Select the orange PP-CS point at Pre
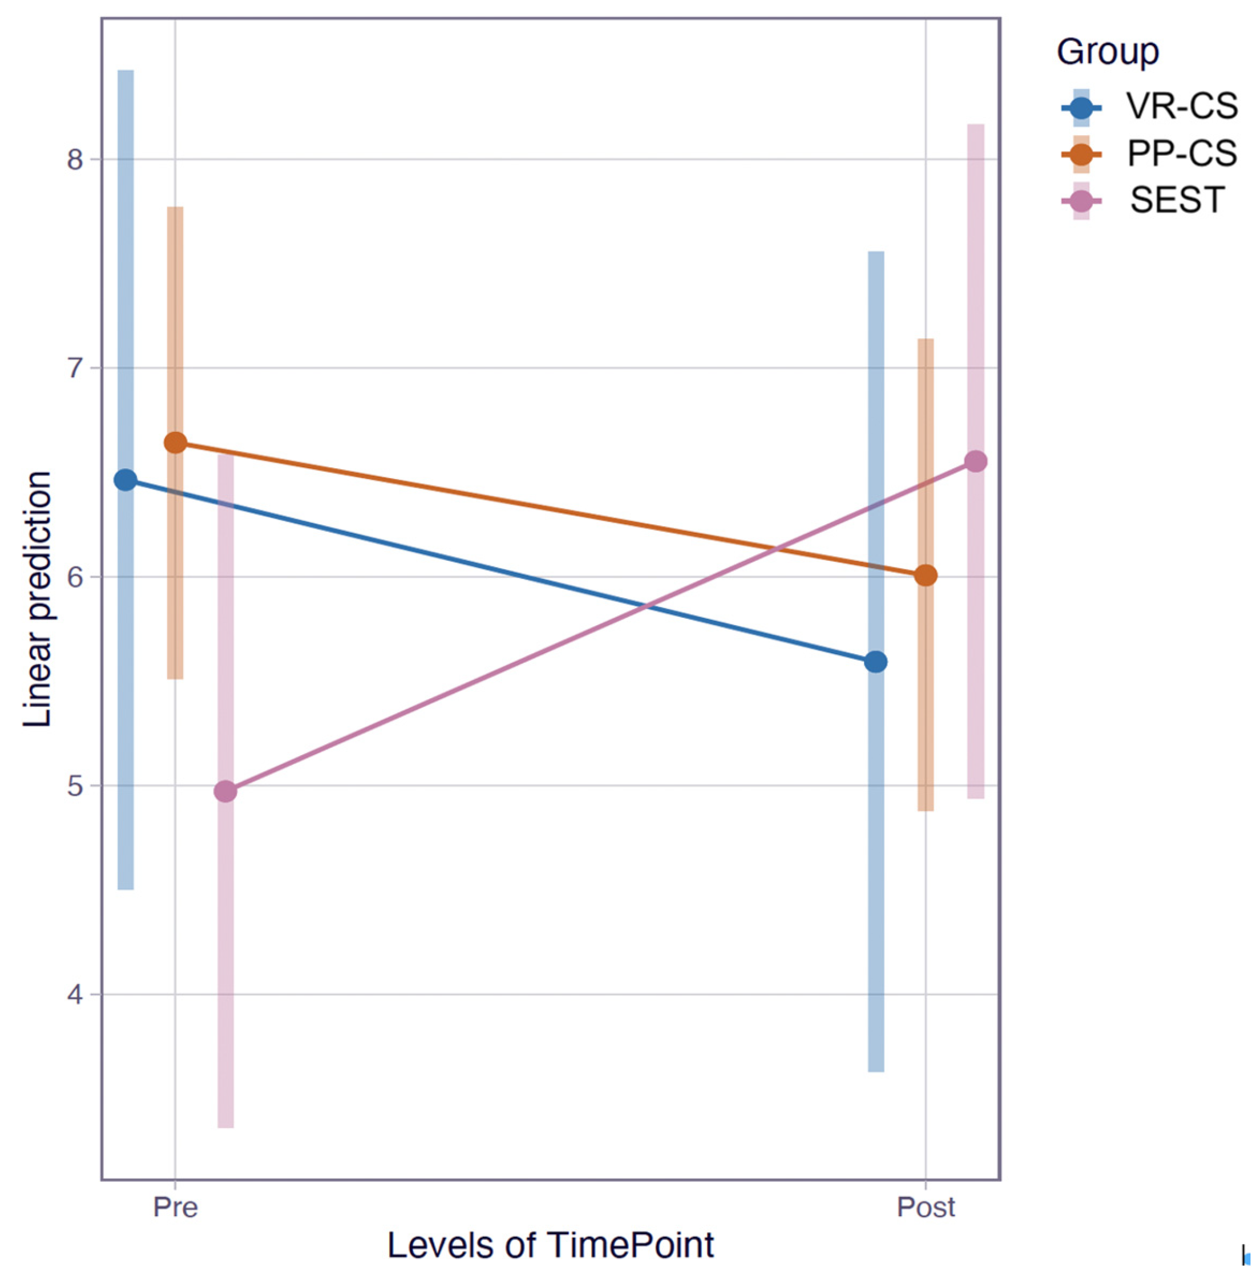[175, 443]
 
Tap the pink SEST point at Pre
[225, 791]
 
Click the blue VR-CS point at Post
[875, 662]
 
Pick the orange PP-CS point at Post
[926, 575]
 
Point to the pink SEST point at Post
[976, 461]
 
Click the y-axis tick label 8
[76, 160]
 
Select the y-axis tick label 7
[76, 368]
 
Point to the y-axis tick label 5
[76, 785]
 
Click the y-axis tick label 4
[76, 994]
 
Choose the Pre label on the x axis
[175, 1207]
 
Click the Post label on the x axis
[926, 1207]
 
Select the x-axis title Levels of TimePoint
[551, 1245]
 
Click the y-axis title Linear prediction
[37, 600]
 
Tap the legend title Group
[1108, 51]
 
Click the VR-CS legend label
[1182, 106]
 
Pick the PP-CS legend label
[1182, 153]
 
